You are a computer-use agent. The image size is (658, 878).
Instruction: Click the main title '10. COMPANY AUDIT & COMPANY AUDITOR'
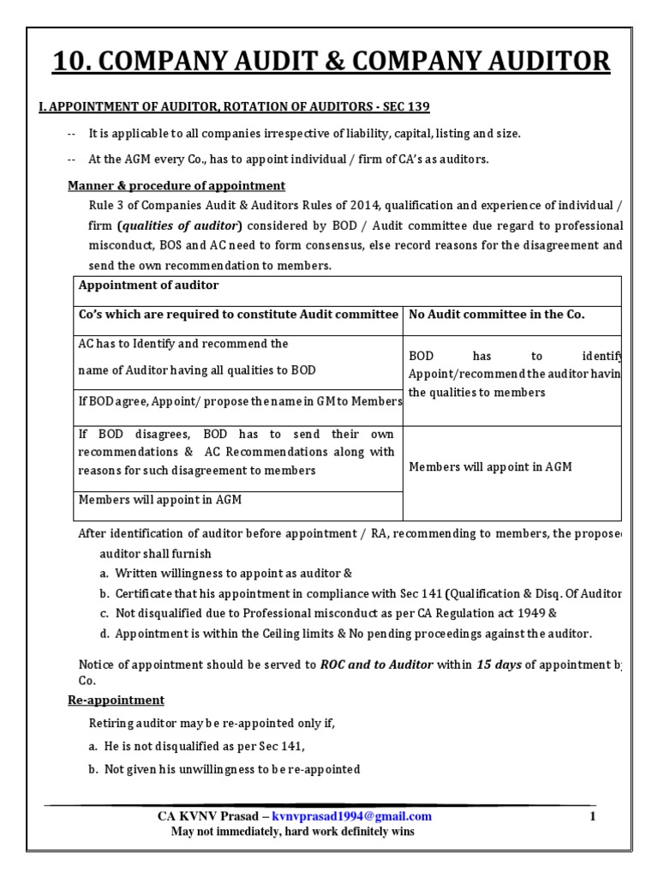[332, 62]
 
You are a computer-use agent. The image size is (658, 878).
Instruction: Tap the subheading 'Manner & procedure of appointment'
[176, 186]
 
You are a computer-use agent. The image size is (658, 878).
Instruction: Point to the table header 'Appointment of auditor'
[148, 286]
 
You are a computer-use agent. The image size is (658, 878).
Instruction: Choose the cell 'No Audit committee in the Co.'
[497, 315]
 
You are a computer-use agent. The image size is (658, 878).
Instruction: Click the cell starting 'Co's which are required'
[238, 315]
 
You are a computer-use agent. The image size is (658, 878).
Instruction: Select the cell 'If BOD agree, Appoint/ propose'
[240, 401]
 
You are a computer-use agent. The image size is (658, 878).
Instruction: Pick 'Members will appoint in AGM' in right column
[490, 467]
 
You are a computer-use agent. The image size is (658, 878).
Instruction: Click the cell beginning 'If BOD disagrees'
[236, 452]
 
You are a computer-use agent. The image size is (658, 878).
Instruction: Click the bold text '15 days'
[499, 664]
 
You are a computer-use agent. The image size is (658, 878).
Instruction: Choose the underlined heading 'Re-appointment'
[117, 701]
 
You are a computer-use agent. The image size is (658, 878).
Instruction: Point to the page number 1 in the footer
[591, 816]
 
